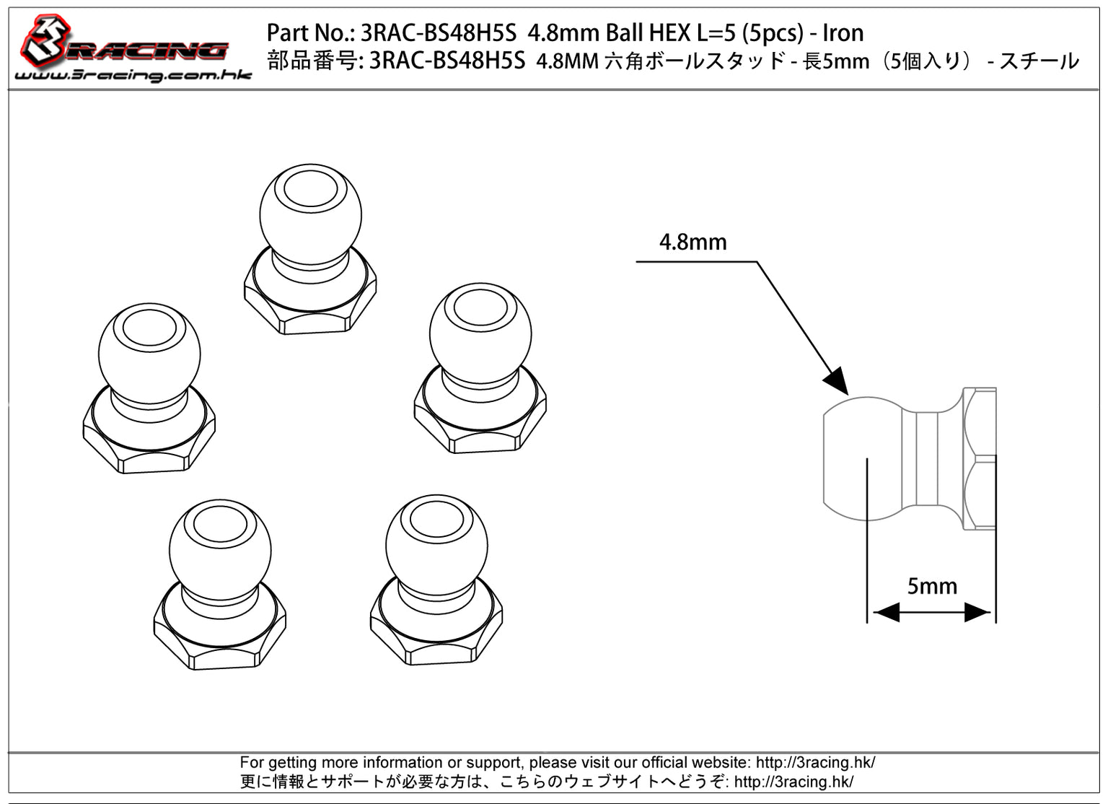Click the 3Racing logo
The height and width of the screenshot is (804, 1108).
123,45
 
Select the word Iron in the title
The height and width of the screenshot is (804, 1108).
843,32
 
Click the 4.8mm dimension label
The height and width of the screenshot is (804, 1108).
692,242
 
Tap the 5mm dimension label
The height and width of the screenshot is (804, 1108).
931,586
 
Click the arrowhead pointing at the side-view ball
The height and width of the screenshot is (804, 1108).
837,380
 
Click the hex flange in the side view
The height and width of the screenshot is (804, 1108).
980,459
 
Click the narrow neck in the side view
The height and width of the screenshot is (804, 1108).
928,459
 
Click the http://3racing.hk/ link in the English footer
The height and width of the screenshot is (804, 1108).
815,762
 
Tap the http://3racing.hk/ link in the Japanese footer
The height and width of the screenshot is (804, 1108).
793,782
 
